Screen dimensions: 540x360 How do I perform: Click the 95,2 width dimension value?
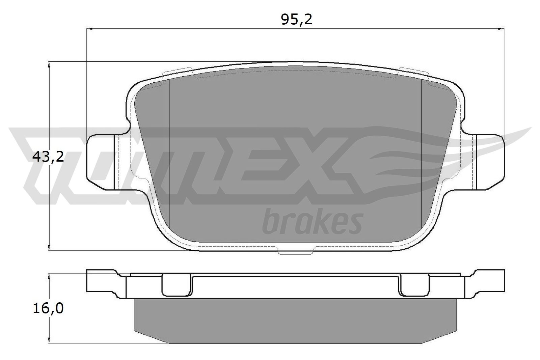pos(297,20)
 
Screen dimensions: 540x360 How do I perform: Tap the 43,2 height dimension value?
pos(48,157)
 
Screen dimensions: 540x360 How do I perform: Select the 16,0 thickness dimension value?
pos(48,308)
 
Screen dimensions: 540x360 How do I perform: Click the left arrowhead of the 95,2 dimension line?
pos(89,29)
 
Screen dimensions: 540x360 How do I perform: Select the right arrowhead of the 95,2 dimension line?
pos(501,29)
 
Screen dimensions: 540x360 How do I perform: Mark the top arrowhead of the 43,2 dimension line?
pos(49,65)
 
